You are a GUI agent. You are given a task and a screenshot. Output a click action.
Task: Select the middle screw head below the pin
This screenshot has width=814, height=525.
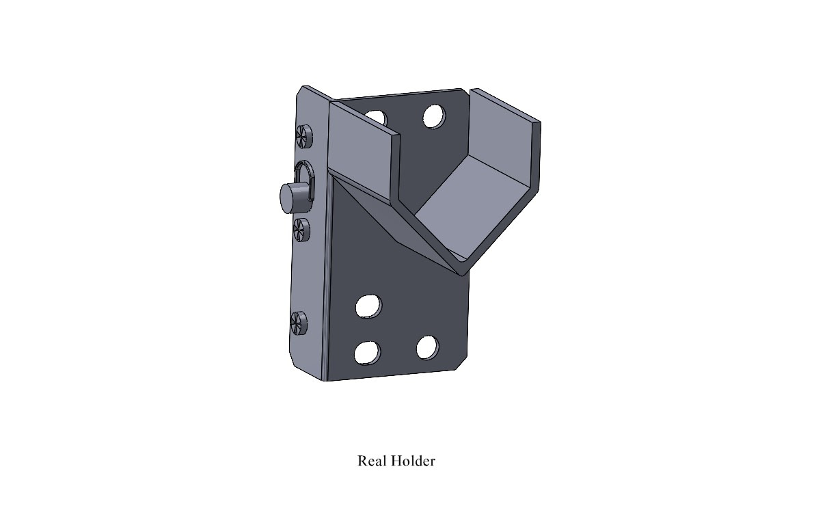[301, 230]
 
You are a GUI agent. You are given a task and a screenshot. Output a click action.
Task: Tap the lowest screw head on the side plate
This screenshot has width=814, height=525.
[299, 322]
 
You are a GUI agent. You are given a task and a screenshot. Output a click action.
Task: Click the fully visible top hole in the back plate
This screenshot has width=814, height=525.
[433, 117]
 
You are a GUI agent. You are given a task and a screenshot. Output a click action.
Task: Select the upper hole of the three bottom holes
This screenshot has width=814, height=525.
[368, 306]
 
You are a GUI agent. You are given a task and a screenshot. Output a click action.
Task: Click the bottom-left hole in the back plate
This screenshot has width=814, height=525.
[367, 352]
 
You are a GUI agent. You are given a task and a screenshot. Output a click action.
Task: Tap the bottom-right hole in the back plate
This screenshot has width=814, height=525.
[427, 348]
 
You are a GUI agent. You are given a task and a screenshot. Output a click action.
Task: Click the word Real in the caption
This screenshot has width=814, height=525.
[372, 461]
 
